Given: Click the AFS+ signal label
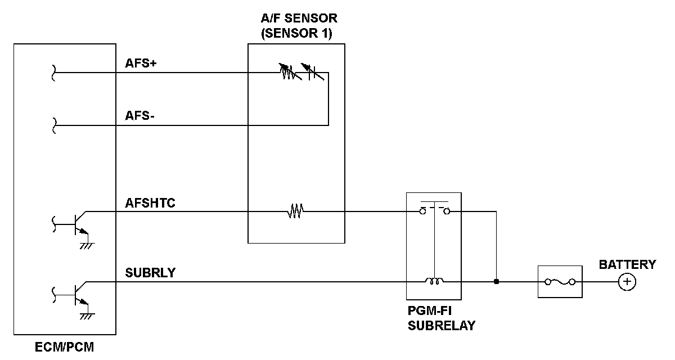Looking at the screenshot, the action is coord(141,63).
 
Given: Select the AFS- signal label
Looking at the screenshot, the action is coord(139,116).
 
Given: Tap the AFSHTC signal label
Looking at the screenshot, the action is coord(150,203).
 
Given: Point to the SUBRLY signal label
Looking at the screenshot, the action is coord(150,273).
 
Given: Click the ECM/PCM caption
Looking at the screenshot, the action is coord(65,347).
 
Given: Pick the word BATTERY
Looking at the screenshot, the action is coord(627,264).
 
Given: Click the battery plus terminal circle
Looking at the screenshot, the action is coord(627,282).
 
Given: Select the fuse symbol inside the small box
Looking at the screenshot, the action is coord(560,282).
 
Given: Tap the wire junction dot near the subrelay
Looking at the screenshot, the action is coord(496,282).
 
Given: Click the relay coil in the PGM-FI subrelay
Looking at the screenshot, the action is coord(434,281).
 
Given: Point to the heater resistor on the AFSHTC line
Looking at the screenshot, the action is coord(295,211).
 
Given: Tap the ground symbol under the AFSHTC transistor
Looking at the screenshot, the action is coord(87,246).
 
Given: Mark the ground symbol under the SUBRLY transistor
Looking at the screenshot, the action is coord(87,316).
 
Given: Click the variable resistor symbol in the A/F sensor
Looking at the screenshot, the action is coord(290,71).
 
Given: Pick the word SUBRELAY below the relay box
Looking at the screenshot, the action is coord(442,326).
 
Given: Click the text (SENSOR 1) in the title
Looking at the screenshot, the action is coord(296,33).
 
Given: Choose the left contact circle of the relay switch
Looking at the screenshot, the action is coord(423,211).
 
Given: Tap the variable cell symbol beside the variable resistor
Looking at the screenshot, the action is coord(313,71).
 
